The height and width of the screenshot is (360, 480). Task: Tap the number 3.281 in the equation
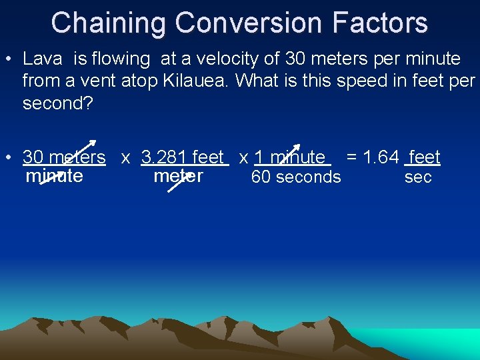[164, 157]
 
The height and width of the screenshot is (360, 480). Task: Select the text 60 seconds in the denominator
[295, 177]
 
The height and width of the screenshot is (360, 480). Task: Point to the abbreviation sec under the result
[418, 178]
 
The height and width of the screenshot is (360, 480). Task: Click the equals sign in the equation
[351, 157]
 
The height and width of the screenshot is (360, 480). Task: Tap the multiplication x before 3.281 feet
[125, 158]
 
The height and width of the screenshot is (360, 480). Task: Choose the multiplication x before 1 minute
[244, 158]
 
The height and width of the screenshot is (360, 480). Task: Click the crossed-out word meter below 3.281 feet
[178, 176]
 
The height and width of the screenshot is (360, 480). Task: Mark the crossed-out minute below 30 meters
[54, 176]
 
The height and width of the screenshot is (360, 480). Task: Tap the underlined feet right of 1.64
[424, 157]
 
